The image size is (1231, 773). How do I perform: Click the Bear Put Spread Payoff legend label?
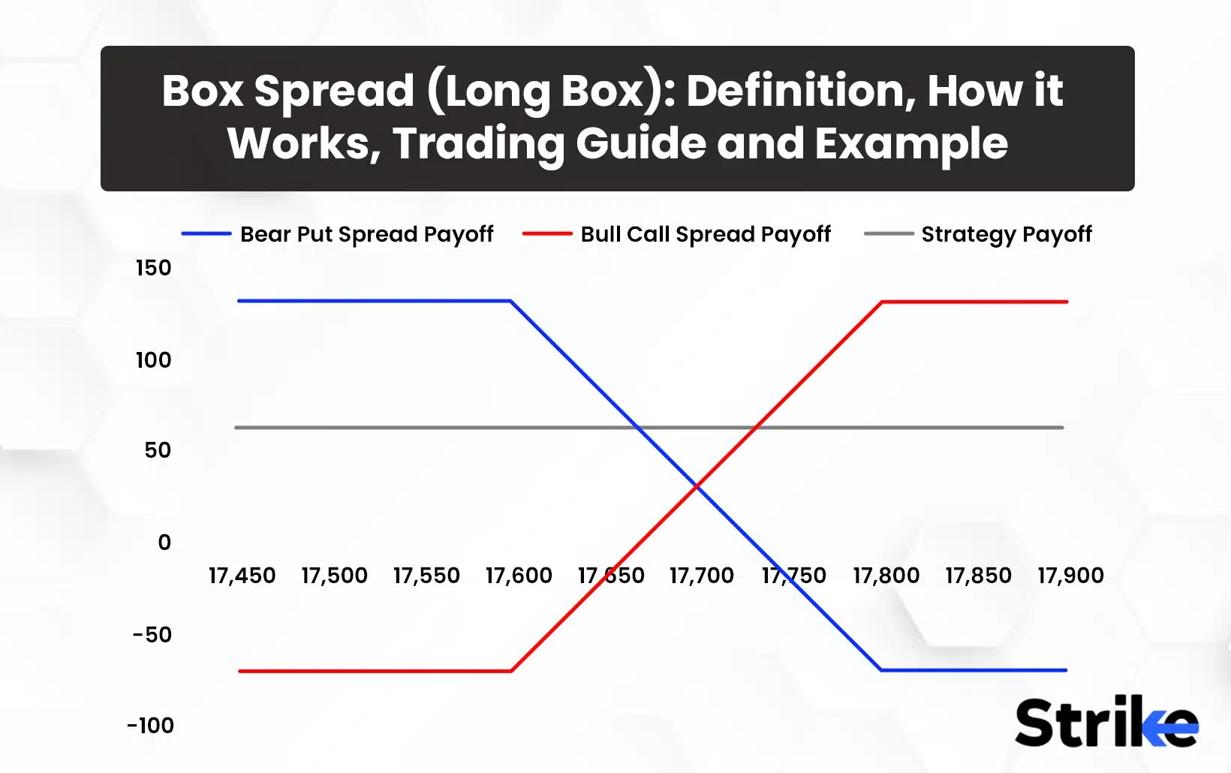(x=366, y=234)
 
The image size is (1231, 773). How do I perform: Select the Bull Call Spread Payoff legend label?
(x=706, y=234)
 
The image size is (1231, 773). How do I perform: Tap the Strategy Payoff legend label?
(x=1006, y=234)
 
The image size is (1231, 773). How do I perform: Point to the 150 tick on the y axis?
(x=154, y=268)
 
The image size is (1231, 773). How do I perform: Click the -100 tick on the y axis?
(x=151, y=726)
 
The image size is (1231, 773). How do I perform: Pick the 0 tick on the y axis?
(x=164, y=543)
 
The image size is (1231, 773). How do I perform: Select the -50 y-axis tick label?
(x=152, y=635)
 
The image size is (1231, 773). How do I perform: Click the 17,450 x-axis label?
(x=242, y=576)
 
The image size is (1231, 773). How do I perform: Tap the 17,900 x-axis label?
(x=1070, y=576)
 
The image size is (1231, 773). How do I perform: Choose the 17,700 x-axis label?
(x=702, y=576)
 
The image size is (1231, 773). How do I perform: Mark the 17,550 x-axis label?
(x=426, y=576)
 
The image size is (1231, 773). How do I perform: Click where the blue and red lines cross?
(x=697, y=486)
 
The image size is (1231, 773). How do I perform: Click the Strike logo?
(x=1106, y=722)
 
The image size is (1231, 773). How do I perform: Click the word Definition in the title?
(x=800, y=91)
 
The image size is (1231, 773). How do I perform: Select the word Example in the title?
(x=911, y=143)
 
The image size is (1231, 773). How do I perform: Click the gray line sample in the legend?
(x=889, y=234)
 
